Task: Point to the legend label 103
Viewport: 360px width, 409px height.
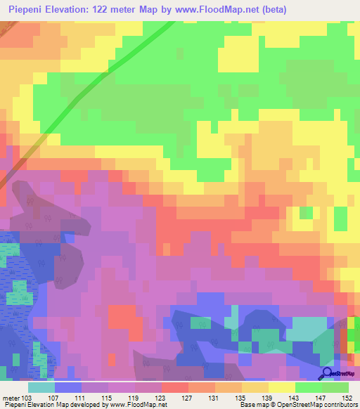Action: (27, 398)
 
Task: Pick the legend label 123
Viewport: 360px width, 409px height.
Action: (161, 398)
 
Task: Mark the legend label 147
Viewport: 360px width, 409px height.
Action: (321, 398)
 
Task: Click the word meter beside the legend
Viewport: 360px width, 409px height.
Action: (11, 398)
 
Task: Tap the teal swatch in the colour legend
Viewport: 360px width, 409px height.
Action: (41, 387)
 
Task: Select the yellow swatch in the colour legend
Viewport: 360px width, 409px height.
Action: (281, 387)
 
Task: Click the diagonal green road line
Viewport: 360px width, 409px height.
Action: (105, 70)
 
